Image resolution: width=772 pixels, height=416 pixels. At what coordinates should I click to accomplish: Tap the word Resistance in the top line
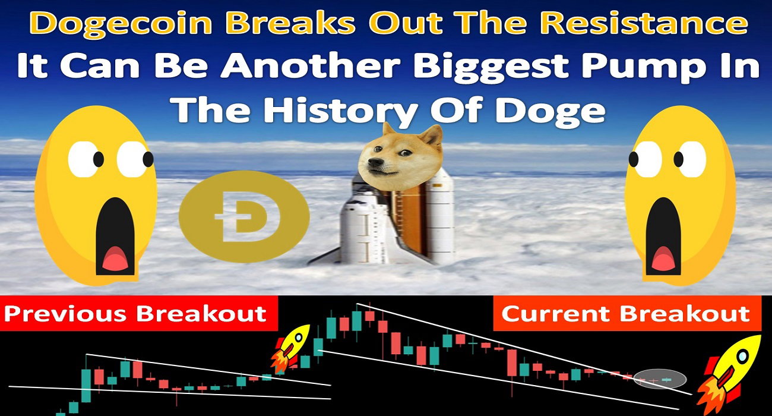point(644,23)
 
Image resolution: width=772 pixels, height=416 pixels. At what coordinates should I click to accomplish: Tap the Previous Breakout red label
point(138,314)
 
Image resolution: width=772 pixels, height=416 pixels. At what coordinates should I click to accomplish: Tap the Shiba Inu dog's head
point(400,157)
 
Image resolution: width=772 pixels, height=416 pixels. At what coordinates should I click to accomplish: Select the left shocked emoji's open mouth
point(115,237)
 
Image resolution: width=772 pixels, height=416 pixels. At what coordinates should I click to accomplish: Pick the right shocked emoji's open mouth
point(663,237)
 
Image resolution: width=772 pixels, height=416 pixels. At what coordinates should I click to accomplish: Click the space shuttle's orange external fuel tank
point(410,220)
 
